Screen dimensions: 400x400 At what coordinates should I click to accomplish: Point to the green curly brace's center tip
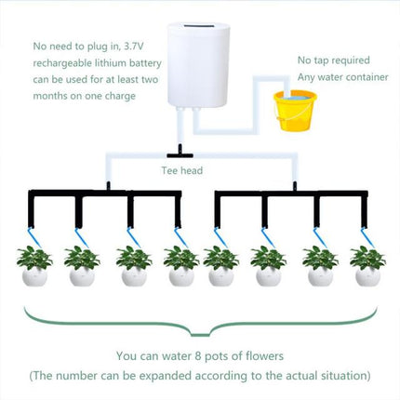point(199,336)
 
